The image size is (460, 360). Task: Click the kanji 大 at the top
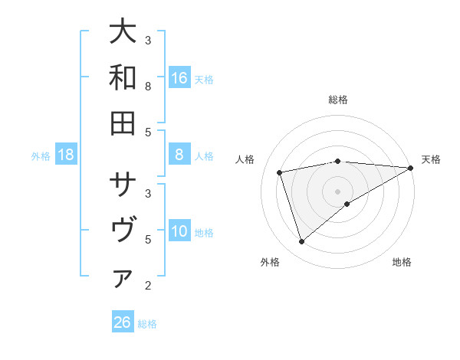click(123, 32)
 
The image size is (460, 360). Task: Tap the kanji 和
click(123, 77)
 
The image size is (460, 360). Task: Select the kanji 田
click(123, 123)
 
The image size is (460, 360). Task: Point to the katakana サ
click(123, 185)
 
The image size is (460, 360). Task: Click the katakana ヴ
click(123, 231)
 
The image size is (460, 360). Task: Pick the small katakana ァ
click(123, 280)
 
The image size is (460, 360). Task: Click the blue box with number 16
click(179, 77)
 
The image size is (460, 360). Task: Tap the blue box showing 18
click(66, 155)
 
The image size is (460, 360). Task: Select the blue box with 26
click(123, 322)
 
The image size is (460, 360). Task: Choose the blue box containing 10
click(179, 231)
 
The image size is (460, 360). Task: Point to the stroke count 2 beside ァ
click(148, 286)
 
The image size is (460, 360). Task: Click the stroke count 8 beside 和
click(148, 86)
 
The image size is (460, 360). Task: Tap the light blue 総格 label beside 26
click(147, 324)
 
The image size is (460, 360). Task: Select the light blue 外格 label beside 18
click(41, 156)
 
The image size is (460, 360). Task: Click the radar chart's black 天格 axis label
click(431, 159)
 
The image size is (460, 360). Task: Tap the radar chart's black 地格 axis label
click(402, 263)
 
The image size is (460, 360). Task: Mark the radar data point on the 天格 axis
click(410, 168)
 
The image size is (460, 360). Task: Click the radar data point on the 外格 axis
click(301, 242)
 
